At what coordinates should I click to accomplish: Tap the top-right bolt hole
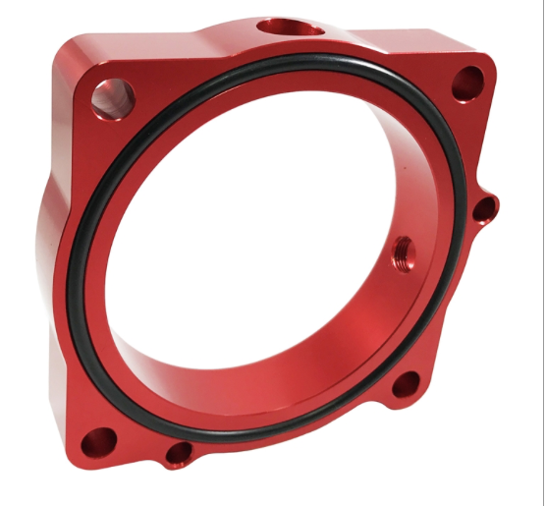468,83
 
